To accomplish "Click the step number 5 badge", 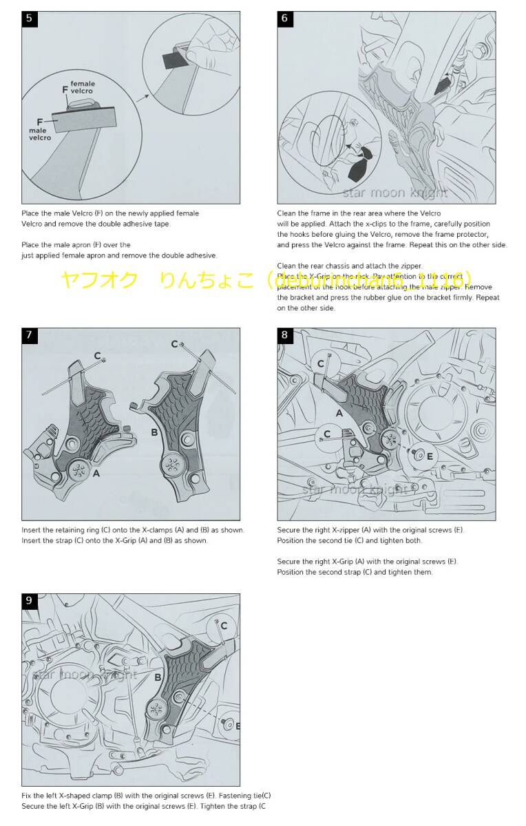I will (29, 19).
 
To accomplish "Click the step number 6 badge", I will (285, 19).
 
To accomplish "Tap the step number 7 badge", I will (29, 336).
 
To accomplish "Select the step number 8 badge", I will (285, 336).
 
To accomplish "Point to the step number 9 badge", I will (29, 601).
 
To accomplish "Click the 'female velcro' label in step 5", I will (83, 87).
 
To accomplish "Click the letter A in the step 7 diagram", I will (96, 474).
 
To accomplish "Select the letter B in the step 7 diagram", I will (154, 432).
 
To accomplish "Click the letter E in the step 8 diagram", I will (430, 456).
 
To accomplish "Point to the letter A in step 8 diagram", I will (339, 413).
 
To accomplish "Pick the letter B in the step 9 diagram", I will (158, 677).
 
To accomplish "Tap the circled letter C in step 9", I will (224, 626).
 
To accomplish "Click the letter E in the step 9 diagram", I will (238, 726).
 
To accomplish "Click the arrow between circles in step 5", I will (142, 98).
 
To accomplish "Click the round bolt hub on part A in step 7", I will (80, 472).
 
